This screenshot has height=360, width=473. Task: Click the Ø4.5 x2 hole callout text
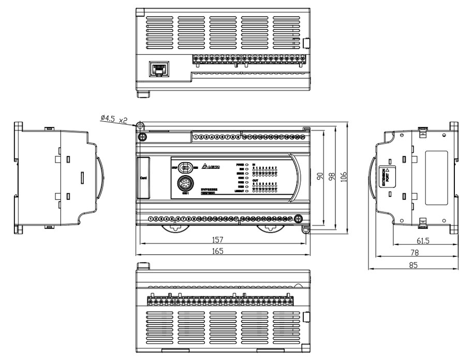114,119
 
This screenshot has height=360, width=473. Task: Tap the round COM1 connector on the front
185,183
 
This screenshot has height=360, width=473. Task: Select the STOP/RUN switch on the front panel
186,167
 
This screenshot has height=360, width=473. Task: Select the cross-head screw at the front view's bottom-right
299,219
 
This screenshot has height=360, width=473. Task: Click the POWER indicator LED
247,164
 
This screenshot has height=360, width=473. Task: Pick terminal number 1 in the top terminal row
196,137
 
